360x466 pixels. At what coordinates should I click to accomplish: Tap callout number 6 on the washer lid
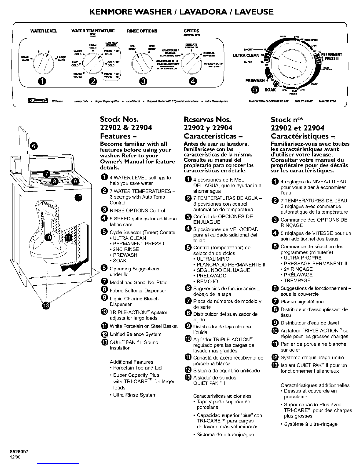click(x=34, y=146)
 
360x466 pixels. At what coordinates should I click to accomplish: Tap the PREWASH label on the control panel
click(x=255, y=81)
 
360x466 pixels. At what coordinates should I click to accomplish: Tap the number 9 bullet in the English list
click(x=104, y=299)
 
